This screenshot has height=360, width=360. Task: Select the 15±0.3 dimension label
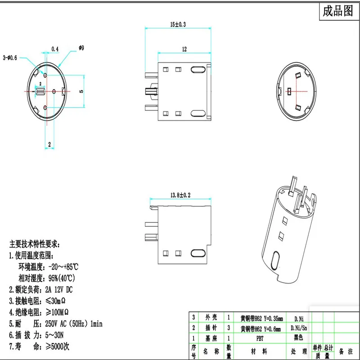pyautogui.click(x=178, y=25)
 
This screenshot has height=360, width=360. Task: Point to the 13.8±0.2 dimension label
pyautogui.click(x=180, y=195)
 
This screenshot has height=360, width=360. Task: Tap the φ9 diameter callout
pyautogui.click(x=81, y=48)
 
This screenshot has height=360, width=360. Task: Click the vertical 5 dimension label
pyautogui.click(x=81, y=91)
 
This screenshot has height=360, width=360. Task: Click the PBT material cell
pyautogui.click(x=261, y=337)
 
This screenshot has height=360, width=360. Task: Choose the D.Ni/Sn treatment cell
pyautogui.click(x=299, y=328)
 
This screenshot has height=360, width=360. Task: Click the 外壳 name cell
pyautogui.click(x=211, y=318)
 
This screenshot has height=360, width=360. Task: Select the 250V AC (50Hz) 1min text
pyautogui.click(x=74, y=324)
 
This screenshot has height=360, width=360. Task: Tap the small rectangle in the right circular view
pyautogui.click(x=289, y=91)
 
